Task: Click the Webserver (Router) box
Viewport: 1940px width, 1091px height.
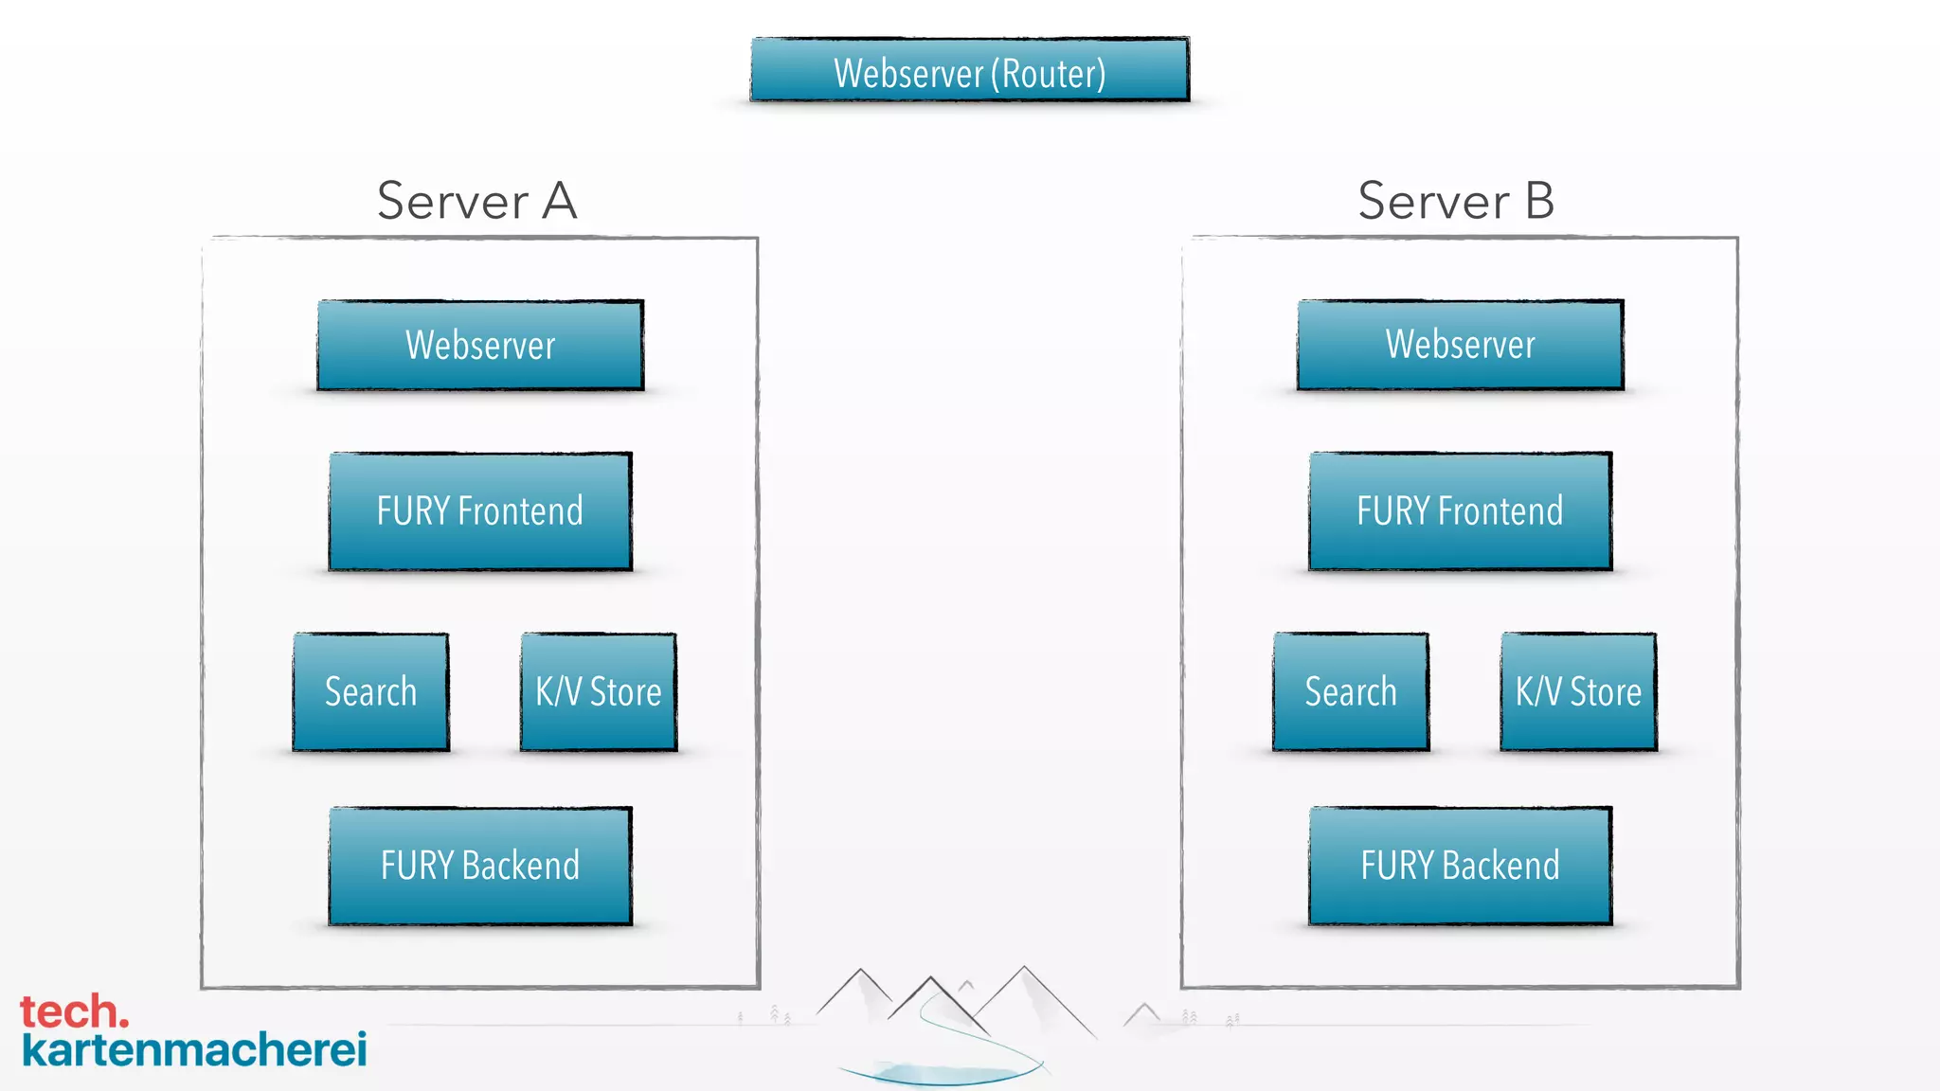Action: coord(969,70)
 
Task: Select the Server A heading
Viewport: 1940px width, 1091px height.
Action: coord(476,201)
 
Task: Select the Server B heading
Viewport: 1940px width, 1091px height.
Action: coord(1456,201)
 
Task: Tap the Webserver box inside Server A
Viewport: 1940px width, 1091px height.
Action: coord(480,346)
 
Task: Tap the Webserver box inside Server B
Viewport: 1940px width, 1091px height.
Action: coord(1460,346)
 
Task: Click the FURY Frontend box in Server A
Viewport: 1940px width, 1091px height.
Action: coord(480,511)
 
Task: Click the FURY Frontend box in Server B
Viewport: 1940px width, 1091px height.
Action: coord(1460,511)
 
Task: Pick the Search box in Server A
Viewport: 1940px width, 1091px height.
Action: coord(370,692)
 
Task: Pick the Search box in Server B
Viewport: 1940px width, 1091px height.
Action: coord(1351,692)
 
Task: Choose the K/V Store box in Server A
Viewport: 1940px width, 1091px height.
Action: coord(599,692)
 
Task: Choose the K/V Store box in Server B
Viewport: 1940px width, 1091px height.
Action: coord(1578,692)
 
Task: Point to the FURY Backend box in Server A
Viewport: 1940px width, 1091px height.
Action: coord(480,866)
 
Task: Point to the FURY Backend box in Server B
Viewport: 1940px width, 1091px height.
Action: coord(1460,866)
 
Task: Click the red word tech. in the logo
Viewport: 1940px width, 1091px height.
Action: coord(73,1012)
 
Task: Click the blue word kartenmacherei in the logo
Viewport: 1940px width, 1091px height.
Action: coord(194,1050)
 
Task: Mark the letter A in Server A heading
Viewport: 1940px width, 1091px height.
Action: coord(559,201)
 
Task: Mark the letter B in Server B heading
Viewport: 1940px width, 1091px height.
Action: coord(1539,201)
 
